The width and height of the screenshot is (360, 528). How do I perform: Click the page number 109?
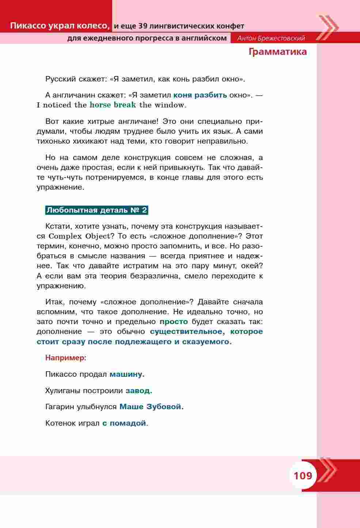point(303,476)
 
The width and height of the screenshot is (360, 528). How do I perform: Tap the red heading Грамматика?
point(277,52)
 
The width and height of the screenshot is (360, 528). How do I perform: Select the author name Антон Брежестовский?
point(271,38)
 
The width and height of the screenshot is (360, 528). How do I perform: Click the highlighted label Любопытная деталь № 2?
point(96,210)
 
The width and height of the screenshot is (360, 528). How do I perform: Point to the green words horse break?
point(113,105)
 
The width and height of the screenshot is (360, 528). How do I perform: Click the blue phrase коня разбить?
point(200,95)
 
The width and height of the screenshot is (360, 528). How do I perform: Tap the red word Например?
point(66,358)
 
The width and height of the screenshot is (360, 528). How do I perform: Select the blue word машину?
point(127,374)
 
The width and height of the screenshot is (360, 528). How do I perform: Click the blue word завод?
point(139,391)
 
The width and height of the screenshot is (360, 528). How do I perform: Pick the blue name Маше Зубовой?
point(151,407)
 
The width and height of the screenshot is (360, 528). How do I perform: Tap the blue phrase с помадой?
point(125,423)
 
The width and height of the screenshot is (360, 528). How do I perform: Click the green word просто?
point(174,322)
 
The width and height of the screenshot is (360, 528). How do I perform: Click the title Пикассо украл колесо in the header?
point(60,26)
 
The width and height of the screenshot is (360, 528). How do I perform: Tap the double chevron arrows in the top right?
point(327,27)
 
